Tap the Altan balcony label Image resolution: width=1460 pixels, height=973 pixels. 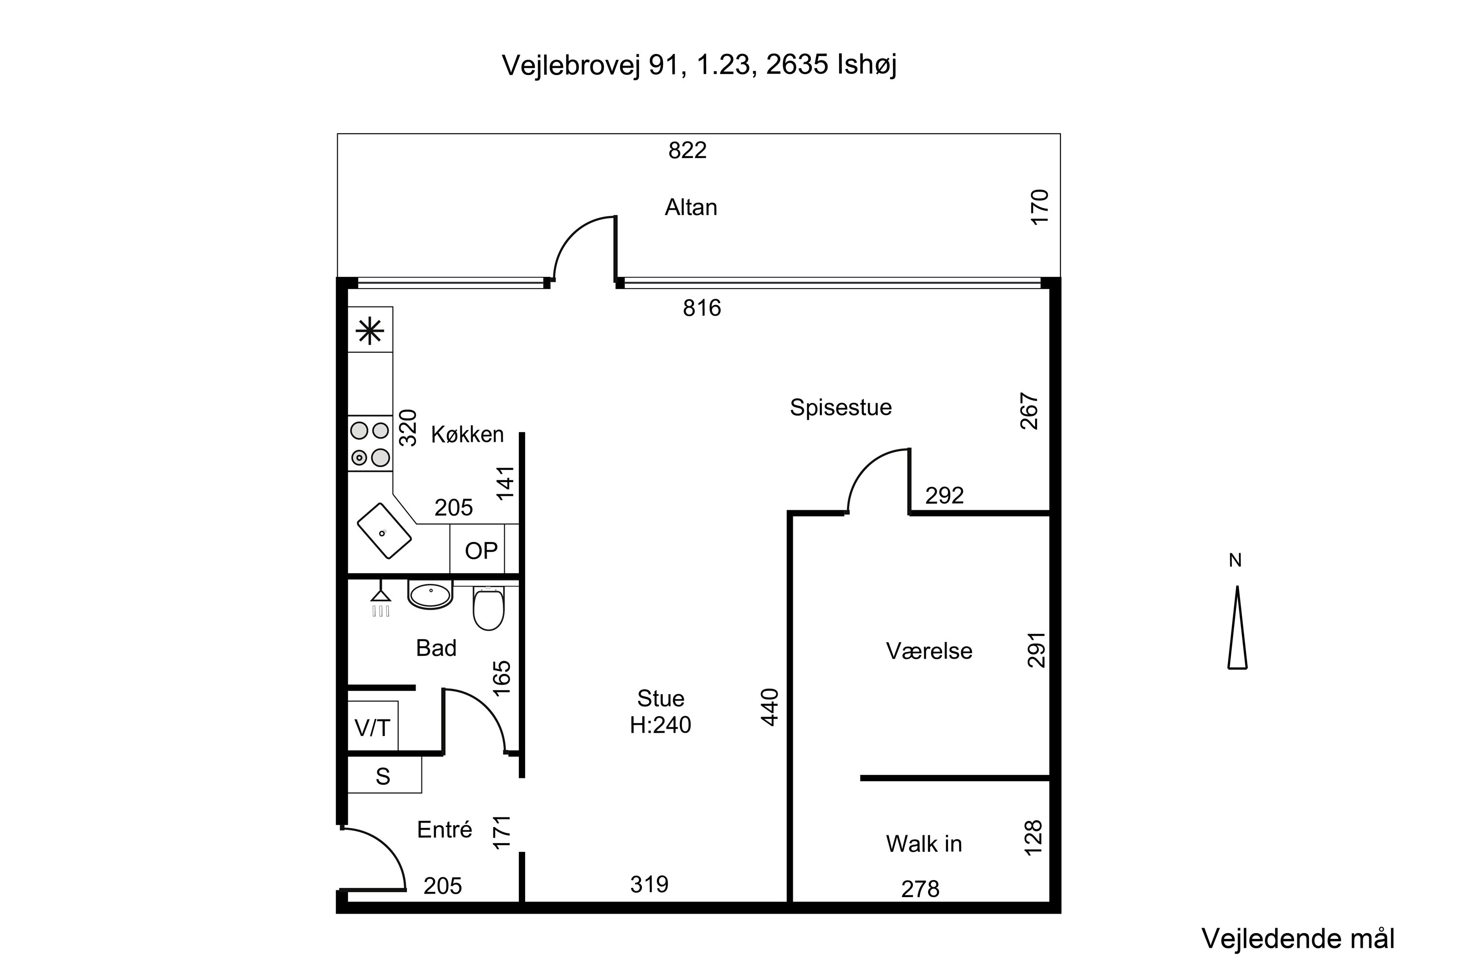click(691, 207)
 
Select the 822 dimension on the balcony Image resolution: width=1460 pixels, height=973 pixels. click(687, 150)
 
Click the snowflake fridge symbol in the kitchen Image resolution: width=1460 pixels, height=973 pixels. click(370, 330)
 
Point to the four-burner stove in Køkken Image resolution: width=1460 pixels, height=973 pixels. click(370, 444)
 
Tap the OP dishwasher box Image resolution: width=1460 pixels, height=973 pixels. click(481, 550)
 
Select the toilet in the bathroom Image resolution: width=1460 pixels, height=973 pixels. click(489, 608)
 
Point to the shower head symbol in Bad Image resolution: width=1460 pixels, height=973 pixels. click(381, 599)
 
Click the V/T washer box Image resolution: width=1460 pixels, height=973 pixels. click(372, 727)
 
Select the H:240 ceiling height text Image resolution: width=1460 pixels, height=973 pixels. click(660, 725)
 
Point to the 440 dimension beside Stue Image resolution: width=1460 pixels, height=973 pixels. click(770, 707)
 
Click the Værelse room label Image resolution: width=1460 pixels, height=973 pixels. click(929, 651)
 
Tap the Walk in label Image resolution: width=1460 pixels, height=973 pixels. click(924, 844)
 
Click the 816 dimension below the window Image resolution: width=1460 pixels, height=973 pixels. click(702, 308)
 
